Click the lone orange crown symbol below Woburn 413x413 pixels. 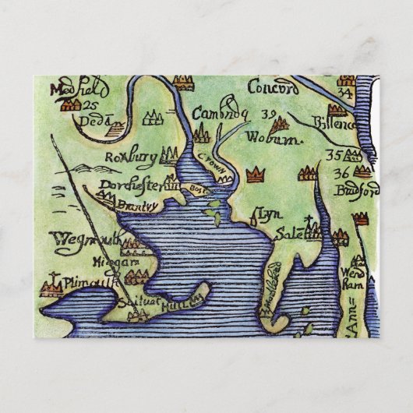(x=253, y=175)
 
